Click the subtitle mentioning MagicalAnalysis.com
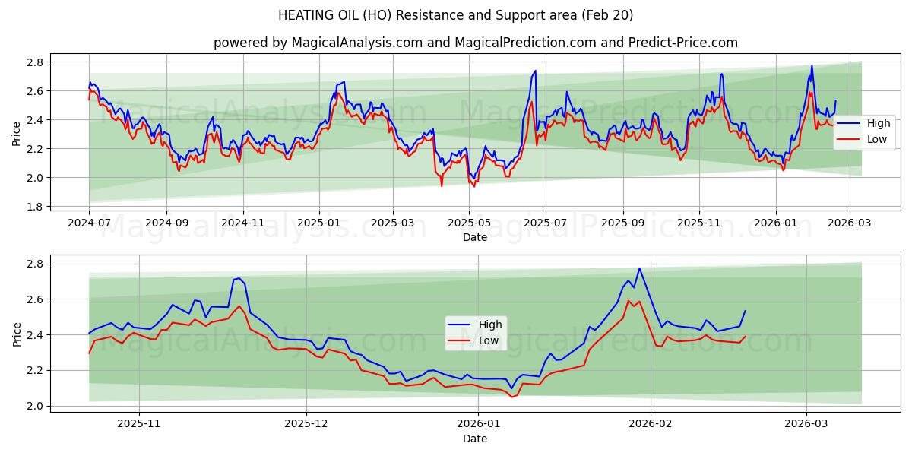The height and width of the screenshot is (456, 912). pyautogui.click(x=475, y=43)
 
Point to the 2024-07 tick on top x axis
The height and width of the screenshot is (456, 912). pyautogui.click(x=89, y=223)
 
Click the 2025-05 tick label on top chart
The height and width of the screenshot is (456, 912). pyautogui.click(x=469, y=223)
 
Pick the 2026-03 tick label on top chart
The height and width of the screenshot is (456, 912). pyautogui.click(x=850, y=223)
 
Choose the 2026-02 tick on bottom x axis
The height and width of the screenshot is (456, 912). pyautogui.click(x=651, y=424)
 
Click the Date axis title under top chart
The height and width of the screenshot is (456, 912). pyautogui.click(x=475, y=237)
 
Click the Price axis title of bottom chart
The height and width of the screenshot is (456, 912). pyautogui.click(x=17, y=334)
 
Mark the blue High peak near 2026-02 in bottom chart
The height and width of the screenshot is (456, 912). pyautogui.click(x=639, y=268)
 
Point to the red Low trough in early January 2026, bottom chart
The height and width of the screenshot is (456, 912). pyautogui.click(x=511, y=397)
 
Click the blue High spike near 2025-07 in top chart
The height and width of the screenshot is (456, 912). pyautogui.click(x=535, y=71)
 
